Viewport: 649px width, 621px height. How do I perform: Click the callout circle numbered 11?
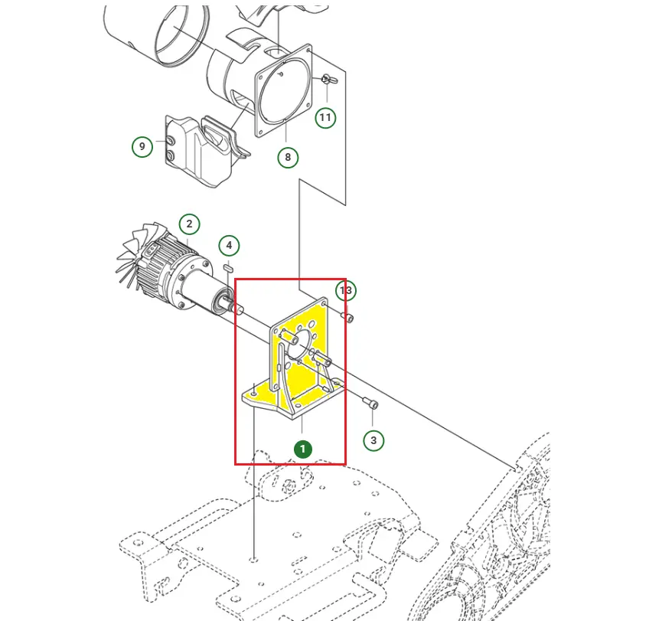click(326, 117)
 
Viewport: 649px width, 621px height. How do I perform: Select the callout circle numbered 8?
click(288, 158)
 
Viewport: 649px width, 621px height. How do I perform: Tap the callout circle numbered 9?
click(142, 146)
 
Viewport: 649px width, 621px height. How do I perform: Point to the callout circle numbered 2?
click(189, 224)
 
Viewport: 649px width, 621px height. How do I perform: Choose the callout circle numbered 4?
click(229, 246)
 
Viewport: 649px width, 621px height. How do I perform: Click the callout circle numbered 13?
click(346, 290)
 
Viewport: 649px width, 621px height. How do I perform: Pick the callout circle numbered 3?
click(373, 440)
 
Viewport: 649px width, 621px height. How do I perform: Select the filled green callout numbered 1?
click(302, 448)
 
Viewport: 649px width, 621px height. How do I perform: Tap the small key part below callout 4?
click(229, 268)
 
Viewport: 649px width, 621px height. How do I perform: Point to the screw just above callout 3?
click(370, 403)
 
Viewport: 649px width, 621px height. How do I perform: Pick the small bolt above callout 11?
click(328, 80)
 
